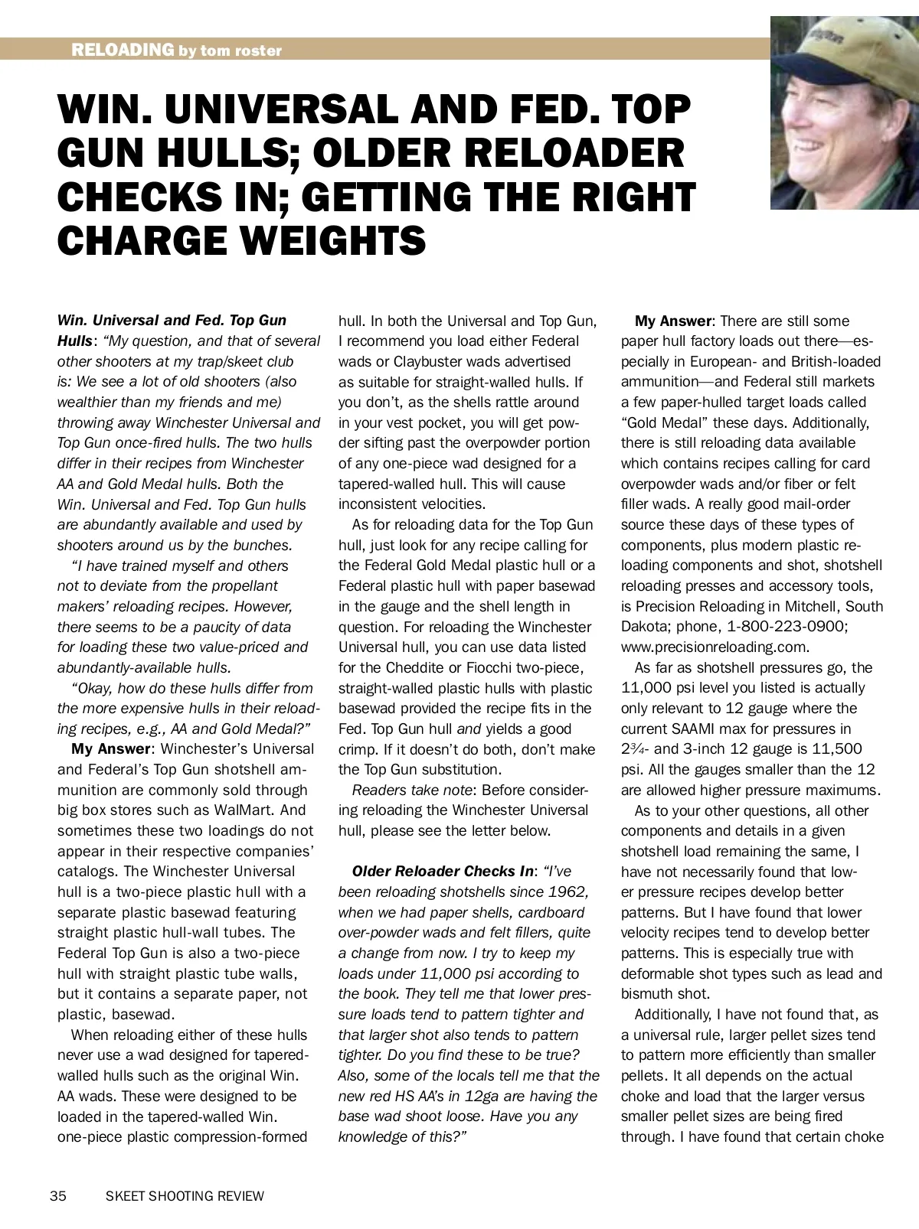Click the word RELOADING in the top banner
point(123,51)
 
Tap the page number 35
point(58,1195)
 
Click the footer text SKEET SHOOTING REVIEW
point(185,1195)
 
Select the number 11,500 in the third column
point(836,748)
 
